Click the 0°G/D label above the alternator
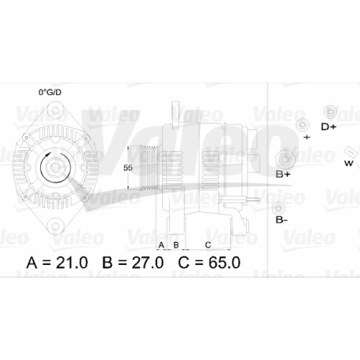click(x=50, y=92)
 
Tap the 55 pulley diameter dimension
click(x=128, y=167)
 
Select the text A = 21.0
click(x=57, y=263)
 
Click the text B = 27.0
click(x=133, y=263)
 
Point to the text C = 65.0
click(x=209, y=263)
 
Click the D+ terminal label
click(x=329, y=127)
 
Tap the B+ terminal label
click(x=283, y=174)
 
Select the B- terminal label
click(x=281, y=220)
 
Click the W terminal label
click(x=349, y=163)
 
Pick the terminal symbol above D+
click(x=330, y=112)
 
